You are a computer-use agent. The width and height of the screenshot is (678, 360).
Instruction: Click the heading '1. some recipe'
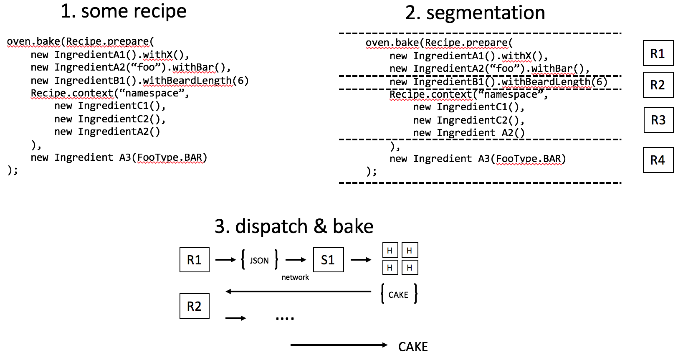click(124, 11)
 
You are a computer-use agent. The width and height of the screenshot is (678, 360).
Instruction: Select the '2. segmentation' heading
click(475, 13)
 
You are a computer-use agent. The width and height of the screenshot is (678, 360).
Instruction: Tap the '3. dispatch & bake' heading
click(294, 226)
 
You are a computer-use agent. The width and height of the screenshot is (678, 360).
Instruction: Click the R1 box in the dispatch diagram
click(194, 260)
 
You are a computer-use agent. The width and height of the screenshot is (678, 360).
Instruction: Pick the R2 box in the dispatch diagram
click(194, 306)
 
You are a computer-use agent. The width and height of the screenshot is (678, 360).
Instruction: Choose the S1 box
click(328, 260)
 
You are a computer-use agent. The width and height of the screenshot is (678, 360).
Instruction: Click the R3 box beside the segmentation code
click(658, 120)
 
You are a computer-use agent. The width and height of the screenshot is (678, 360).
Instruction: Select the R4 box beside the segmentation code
click(658, 160)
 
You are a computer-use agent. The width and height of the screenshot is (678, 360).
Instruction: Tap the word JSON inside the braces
click(259, 261)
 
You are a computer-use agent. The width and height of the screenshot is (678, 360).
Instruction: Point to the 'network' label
click(295, 277)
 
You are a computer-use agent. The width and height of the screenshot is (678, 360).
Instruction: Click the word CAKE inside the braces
click(398, 295)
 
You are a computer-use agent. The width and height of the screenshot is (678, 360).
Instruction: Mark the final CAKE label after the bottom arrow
click(413, 347)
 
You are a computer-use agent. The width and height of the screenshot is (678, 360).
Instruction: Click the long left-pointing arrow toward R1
click(298, 292)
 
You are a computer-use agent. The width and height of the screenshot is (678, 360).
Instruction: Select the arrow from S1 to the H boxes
click(361, 260)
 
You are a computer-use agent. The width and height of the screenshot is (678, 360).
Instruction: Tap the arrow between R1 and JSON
click(225, 260)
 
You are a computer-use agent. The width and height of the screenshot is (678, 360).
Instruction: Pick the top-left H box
click(390, 251)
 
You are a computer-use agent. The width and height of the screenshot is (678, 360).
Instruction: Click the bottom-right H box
click(410, 267)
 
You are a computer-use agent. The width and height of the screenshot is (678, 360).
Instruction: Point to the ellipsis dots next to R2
click(285, 319)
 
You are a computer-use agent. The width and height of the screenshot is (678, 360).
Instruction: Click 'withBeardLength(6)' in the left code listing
click(196, 81)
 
